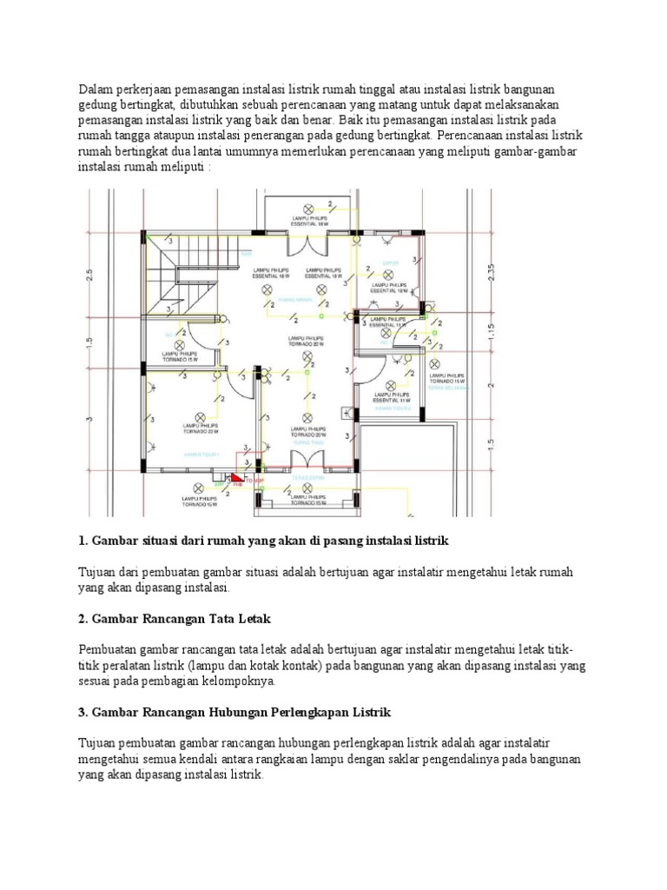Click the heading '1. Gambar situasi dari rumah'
point(262,541)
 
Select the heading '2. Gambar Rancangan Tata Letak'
point(175,619)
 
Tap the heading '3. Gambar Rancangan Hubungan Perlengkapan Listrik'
point(234,712)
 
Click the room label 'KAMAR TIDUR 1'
point(201,454)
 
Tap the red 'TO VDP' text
point(254,479)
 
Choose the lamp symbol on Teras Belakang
point(446,363)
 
